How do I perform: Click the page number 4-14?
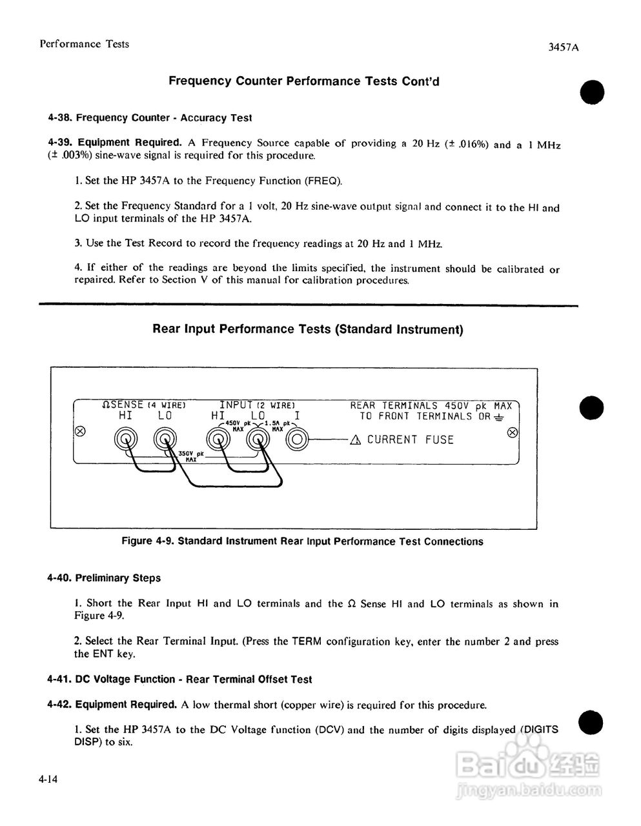(x=48, y=780)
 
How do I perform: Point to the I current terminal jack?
(x=297, y=440)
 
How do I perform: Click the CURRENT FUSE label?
(x=410, y=440)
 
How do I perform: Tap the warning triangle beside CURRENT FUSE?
(x=356, y=440)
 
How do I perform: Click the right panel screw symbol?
(x=512, y=432)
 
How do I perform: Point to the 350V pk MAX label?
(x=190, y=456)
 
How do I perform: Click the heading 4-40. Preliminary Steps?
(x=104, y=578)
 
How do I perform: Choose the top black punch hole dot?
(x=591, y=92)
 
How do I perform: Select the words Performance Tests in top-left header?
(x=84, y=44)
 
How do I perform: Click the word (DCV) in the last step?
(x=331, y=730)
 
